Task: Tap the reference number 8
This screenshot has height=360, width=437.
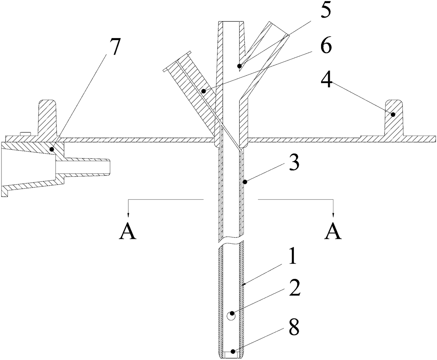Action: [294, 327]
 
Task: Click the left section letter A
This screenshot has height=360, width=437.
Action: [128, 232]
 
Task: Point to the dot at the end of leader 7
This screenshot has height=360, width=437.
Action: [52, 149]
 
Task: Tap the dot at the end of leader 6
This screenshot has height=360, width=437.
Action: [203, 91]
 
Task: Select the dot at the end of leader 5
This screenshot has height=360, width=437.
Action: [240, 66]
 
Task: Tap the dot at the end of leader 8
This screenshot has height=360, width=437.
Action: [232, 351]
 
